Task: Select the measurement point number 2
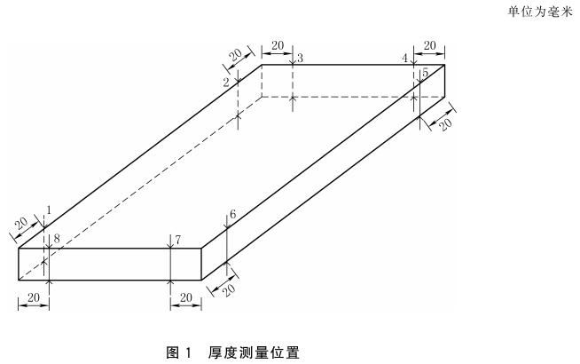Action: tap(226, 82)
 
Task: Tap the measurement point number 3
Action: tap(300, 59)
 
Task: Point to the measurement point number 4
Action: tap(404, 59)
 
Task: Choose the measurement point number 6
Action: tap(232, 215)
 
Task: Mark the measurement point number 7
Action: tap(177, 240)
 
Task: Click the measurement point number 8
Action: tap(56, 239)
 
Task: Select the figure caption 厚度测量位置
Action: tap(255, 352)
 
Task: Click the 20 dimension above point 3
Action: tap(277, 45)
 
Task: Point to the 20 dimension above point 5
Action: tap(431, 45)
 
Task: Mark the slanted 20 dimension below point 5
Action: tap(445, 123)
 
